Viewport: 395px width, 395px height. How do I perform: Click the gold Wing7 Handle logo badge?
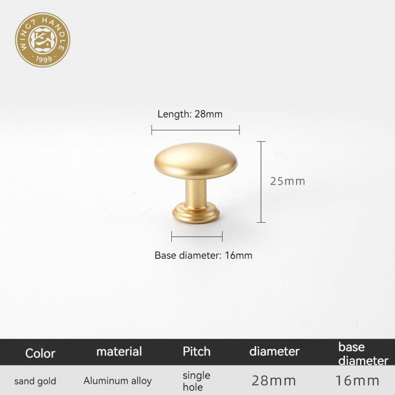tap(42, 40)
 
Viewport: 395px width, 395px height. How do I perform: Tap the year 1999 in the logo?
tap(44, 59)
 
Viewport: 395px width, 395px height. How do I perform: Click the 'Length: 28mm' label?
tap(190, 114)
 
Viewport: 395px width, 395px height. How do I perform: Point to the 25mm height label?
tap(287, 181)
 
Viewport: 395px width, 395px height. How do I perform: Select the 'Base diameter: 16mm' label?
tap(203, 255)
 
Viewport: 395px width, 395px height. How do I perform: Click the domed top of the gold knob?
tap(196, 161)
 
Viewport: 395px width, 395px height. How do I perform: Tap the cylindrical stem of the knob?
tap(196, 192)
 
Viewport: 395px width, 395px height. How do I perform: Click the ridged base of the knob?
tap(196, 214)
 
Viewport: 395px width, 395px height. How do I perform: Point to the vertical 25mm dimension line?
tap(261, 182)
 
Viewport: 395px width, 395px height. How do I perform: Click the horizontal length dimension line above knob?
tap(196, 130)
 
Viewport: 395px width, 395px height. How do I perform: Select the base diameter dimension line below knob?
tap(197, 237)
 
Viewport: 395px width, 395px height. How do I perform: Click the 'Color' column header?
tap(40, 353)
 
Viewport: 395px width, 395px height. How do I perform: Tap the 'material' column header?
tap(119, 352)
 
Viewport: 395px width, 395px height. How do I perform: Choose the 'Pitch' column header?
tap(197, 351)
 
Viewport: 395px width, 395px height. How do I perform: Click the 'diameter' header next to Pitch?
tap(275, 352)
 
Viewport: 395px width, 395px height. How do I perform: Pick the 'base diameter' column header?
tap(363, 354)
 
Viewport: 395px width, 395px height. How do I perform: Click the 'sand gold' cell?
tap(35, 381)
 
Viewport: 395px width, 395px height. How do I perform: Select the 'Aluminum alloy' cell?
tap(118, 381)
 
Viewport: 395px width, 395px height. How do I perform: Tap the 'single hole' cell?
tap(196, 381)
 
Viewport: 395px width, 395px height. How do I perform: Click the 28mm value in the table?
tap(274, 381)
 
